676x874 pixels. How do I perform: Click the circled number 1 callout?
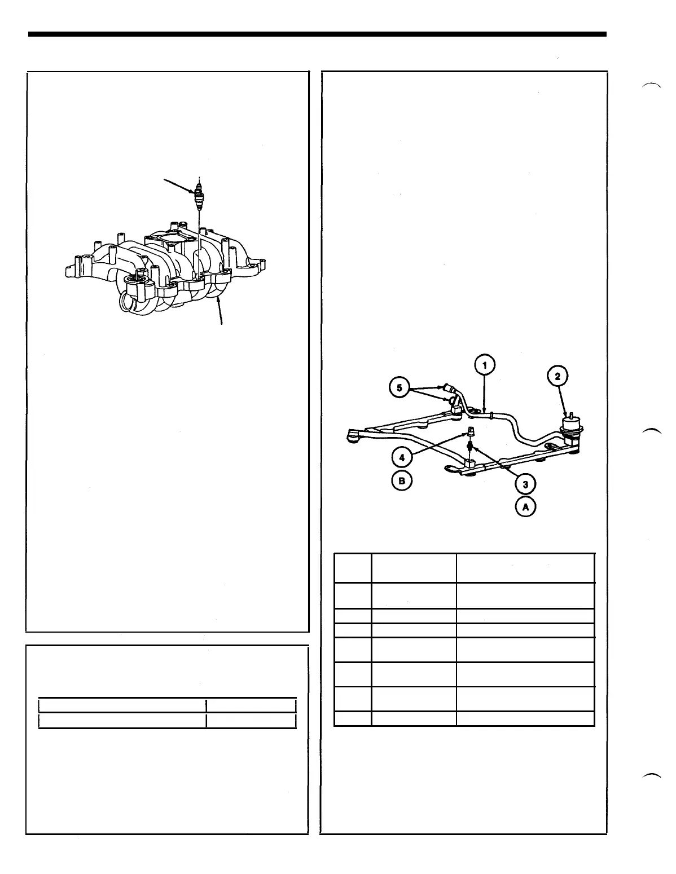(x=484, y=365)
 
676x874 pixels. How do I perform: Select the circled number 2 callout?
(x=558, y=377)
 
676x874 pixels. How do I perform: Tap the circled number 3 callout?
(x=525, y=484)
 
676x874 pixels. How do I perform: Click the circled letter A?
(x=526, y=507)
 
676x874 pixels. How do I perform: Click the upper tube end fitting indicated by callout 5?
(x=447, y=388)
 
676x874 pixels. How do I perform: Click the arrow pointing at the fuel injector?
(x=179, y=185)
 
